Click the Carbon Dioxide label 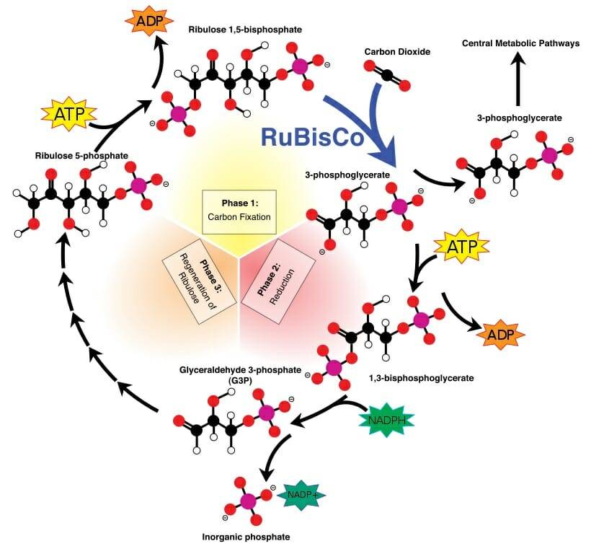point(396,51)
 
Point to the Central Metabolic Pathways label point(521,44)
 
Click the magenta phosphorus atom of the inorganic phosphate point(248,500)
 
